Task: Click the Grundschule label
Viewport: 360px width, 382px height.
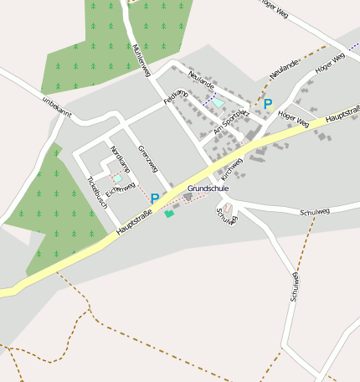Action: click(208, 188)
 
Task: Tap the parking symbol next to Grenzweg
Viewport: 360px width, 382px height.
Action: click(155, 199)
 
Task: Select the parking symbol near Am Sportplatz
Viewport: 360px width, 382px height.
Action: click(268, 104)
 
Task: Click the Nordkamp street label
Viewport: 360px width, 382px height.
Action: click(120, 159)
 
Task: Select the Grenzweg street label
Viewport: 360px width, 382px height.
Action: click(147, 160)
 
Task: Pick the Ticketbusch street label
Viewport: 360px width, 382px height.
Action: click(97, 194)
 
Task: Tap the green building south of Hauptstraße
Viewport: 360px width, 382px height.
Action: click(169, 214)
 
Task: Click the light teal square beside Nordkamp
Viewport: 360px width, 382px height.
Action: click(118, 178)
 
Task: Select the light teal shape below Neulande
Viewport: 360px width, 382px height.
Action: click(219, 103)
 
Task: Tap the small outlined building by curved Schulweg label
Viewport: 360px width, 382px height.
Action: click(228, 207)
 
